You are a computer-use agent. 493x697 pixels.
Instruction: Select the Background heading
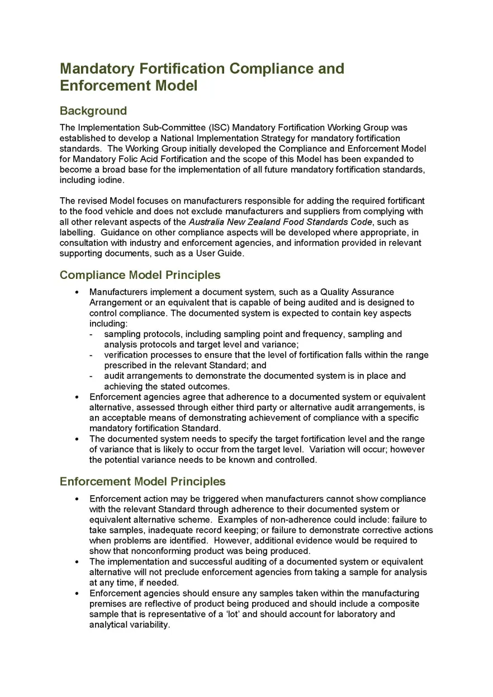[93, 111]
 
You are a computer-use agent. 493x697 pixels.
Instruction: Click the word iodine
[107, 180]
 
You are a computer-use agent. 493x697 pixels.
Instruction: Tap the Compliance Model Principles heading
[140, 275]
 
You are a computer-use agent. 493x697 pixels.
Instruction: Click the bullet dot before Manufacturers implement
[77, 292]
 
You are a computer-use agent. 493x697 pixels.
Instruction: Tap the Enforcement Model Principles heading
[143, 482]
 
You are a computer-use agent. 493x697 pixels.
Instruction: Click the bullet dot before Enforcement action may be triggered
[77, 499]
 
